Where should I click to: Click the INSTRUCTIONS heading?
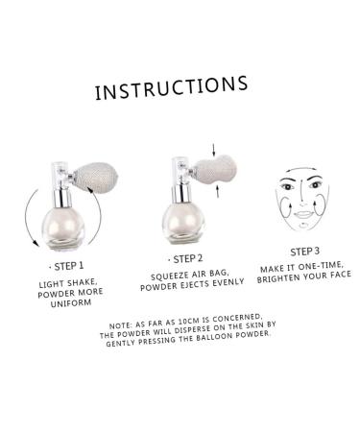point(172,87)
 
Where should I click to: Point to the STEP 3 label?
point(304,252)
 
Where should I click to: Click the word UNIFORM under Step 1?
point(71,303)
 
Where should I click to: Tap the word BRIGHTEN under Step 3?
point(277,278)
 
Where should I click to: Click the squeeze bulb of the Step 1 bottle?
point(96,177)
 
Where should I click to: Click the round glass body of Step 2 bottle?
point(182,223)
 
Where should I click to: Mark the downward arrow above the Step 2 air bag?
point(214,150)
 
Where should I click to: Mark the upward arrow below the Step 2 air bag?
point(218,191)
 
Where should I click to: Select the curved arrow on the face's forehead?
point(300,169)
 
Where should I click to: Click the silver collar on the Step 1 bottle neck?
point(62,199)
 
